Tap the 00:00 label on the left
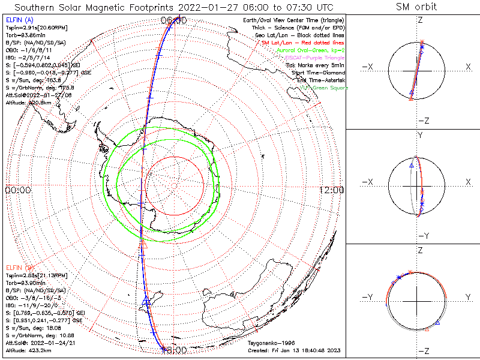pyautogui.click(x=17, y=190)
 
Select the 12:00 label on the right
pyautogui.click(x=332, y=190)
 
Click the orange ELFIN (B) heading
pyautogui.click(x=20, y=266)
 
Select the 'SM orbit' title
pyautogui.click(x=416, y=7)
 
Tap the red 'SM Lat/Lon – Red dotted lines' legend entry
pyautogui.click(x=302, y=43)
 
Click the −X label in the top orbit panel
pyautogui.click(x=369, y=67)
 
